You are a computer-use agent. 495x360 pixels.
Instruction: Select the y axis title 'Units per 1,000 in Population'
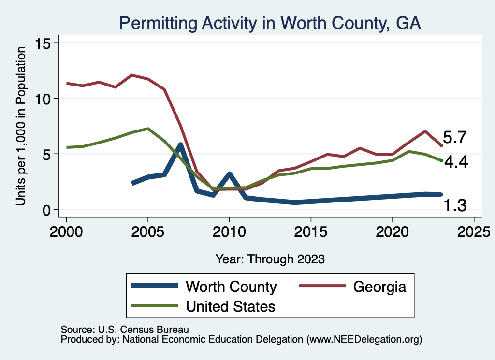21,127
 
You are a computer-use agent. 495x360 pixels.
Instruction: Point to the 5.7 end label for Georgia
454,138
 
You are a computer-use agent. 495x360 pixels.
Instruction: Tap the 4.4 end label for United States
456,162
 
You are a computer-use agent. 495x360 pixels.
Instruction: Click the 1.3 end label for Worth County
455,206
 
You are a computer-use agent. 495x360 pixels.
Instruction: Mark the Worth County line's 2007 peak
180,144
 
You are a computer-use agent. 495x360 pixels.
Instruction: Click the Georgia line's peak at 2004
131,75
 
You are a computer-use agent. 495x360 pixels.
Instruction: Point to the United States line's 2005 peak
148,129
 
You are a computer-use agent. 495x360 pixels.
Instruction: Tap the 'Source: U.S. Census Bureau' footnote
124,329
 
